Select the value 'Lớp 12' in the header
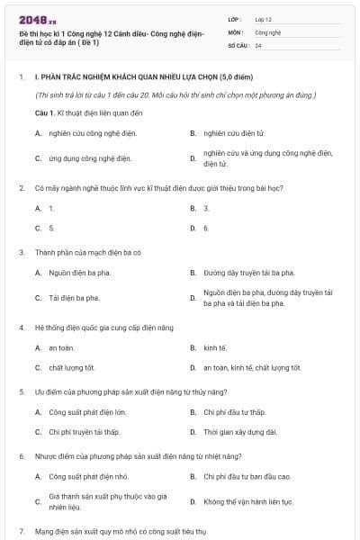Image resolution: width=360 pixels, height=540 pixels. coord(264,19)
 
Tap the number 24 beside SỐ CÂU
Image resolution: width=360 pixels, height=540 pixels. coord(258,44)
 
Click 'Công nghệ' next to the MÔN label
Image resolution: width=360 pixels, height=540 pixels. coord(268,31)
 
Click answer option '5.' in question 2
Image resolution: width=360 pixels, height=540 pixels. coord(51,228)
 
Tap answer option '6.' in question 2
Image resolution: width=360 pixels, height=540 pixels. coord(206,228)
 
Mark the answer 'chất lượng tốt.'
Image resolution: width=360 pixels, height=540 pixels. coord(72,367)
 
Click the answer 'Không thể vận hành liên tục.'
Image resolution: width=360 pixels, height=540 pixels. coord(248,500)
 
